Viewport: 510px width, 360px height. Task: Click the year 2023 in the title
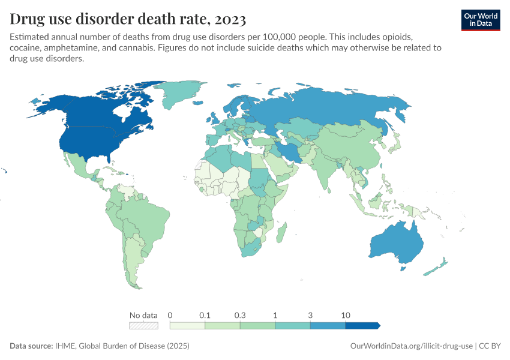pyautogui.click(x=227, y=19)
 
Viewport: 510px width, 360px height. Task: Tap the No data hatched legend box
pyautogui.click(x=143, y=326)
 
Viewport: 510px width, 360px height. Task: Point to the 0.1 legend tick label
pyautogui.click(x=205, y=315)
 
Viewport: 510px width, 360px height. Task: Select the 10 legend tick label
pyautogui.click(x=346, y=315)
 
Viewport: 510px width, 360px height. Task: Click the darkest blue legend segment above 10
pyautogui.click(x=362, y=326)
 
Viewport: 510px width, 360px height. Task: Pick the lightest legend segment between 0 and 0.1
pyautogui.click(x=187, y=326)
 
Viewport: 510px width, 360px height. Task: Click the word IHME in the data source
pyautogui.click(x=66, y=346)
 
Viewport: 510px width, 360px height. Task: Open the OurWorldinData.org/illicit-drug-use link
pyautogui.click(x=411, y=346)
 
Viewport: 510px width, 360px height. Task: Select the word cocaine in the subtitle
pyautogui.click(x=26, y=47)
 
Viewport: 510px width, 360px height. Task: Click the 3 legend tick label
pyautogui.click(x=310, y=315)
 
